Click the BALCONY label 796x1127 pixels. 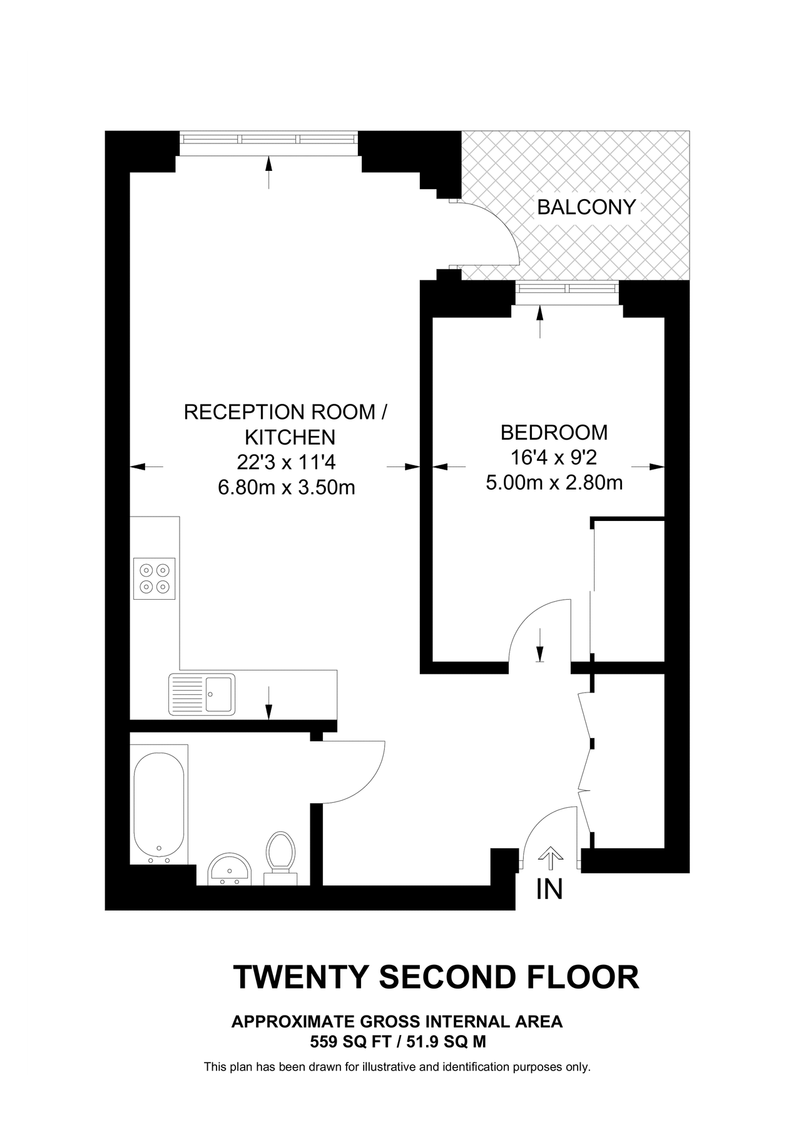(586, 207)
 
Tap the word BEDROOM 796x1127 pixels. (554, 433)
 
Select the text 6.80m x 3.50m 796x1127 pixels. (286, 487)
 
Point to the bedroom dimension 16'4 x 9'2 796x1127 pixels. (554, 458)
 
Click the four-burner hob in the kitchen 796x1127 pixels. (154, 579)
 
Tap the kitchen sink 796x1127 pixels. (202, 694)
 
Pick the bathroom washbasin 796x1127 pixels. (230, 870)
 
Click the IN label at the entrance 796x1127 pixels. (549, 890)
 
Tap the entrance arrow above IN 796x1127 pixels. (550, 858)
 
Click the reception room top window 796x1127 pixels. (269, 139)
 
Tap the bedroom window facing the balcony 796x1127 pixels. (567, 289)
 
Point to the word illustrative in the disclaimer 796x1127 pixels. (389, 1067)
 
